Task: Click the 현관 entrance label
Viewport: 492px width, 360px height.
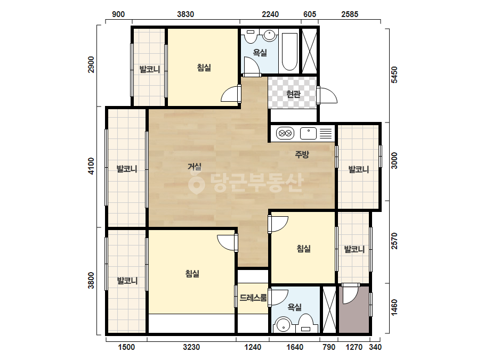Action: point(293,94)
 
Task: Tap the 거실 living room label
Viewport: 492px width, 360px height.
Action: point(195,167)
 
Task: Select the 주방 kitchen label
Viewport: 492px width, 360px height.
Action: point(302,154)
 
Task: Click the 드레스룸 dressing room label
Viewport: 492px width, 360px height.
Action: point(253,298)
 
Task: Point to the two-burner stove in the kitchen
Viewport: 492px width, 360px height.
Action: point(285,133)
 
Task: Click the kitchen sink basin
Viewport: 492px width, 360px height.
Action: point(308,133)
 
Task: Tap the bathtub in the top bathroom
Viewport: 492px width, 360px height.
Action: point(289,52)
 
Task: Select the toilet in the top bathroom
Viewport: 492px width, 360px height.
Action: point(251,36)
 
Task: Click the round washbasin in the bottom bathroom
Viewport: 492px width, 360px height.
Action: point(284,325)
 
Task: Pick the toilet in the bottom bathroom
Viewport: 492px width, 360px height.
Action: point(305,324)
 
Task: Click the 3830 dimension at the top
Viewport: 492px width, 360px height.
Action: point(185,14)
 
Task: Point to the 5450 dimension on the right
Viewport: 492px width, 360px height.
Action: point(394,75)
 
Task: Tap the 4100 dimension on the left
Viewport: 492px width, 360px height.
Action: point(91,166)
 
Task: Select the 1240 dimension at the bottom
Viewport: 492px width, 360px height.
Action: point(253,347)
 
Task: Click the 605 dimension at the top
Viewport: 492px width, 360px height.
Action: point(310,14)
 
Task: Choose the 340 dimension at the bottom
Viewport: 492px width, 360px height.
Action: point(375,347)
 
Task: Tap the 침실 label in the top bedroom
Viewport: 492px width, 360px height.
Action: point(204,68)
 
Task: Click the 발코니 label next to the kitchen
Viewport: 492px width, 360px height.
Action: point(359,169)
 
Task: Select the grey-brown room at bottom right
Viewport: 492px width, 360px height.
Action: point(354,309)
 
